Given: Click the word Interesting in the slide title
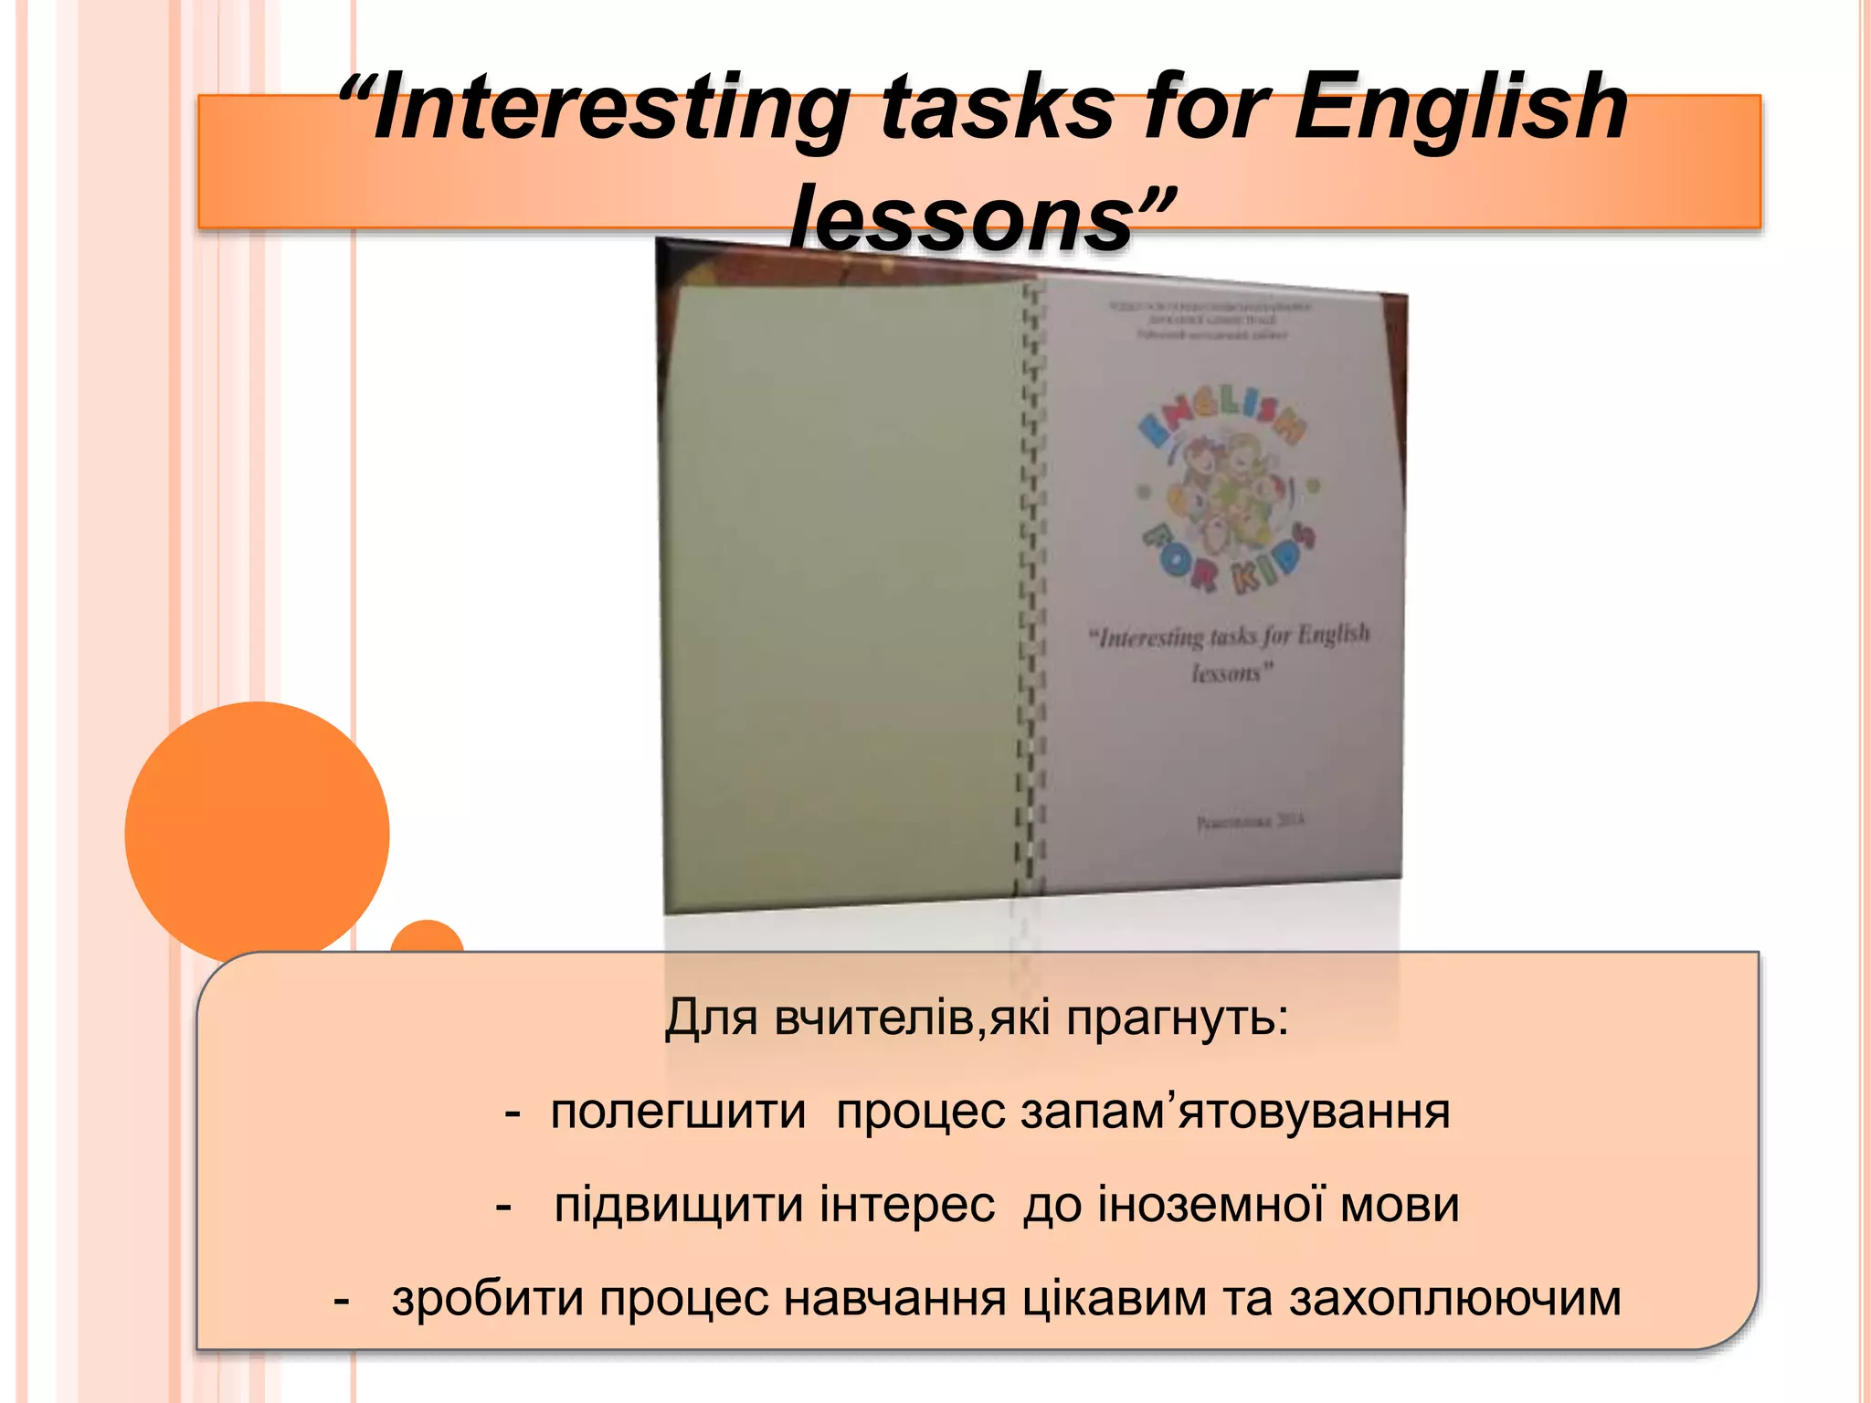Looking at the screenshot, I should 610,110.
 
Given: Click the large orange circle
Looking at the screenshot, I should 257,833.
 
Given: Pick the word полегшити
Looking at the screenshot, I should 678,1112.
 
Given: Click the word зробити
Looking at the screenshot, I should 488,1298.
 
